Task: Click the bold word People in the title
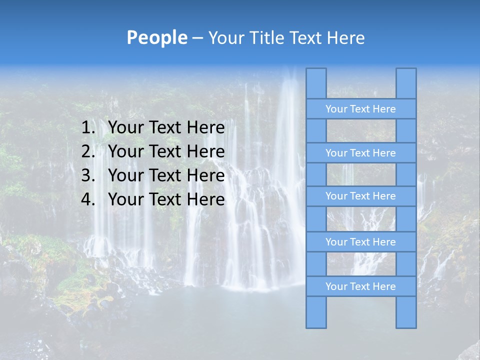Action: pyautogui.click(x=157, y=37)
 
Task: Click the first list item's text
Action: pyautogui.click(x=166, y=128)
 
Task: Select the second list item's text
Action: pyautogui.click(x=166, y=151)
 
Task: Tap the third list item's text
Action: pyautogui.click(x=166, y=175)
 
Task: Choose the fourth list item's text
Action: pyautogui.click(x=166, y=199)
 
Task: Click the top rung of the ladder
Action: pyautogui.click(x=360, y=109)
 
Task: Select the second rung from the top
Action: pyautogui.click(x=360, y=153)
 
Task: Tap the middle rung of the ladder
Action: pyautogui.click(x=360, y=196)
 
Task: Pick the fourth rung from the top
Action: pyautogui.click(x=360, y=242)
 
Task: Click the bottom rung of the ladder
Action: pyautogui.click(x=360, y=286)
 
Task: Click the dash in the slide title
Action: pyautogui.click(x=197, y=38)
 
